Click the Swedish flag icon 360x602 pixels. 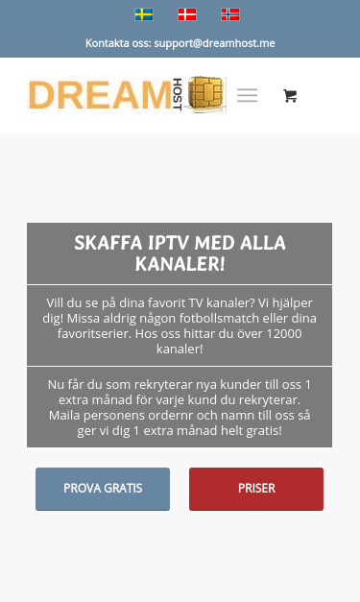pos(144,14)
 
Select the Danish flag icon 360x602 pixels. pos(187,14)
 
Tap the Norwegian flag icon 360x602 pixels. pos(230,14)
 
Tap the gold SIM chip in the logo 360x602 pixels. pos(207,95)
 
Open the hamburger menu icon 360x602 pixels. pos(248,95)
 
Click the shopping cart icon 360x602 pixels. pos(290,95)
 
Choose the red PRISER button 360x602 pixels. pos(256,489)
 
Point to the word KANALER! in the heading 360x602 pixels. pos(180,262)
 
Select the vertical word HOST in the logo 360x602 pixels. pos(178,95)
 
